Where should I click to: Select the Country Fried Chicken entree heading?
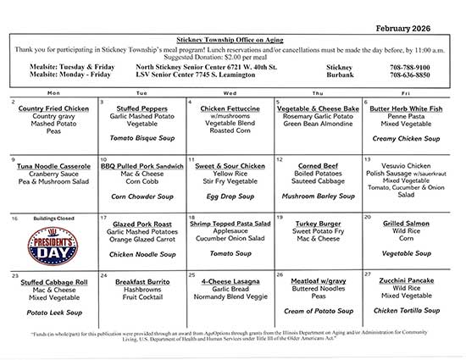[x=53, y=109]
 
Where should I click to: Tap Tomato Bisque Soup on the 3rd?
[x=141, y=137]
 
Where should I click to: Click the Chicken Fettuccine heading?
[x=230, y=109]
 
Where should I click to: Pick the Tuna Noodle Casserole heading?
[x=53, y=168]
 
